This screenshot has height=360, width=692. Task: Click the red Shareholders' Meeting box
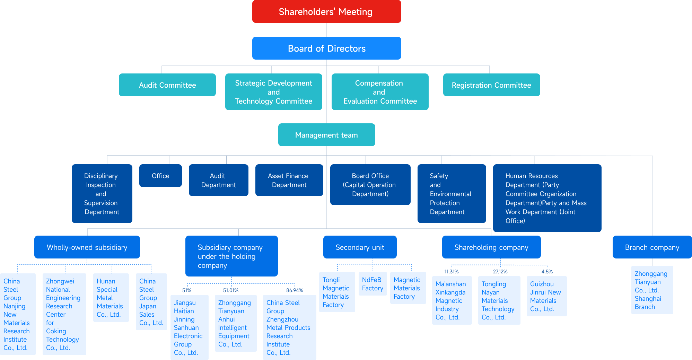coord(326,12)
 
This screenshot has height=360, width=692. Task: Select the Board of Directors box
coord(326,49)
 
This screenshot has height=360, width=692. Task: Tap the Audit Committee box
coord(167,85)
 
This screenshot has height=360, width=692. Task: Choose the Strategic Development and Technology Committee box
coord(273,92)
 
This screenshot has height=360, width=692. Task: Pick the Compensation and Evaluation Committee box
coord(380,92)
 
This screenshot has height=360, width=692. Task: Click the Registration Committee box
coord(491,85)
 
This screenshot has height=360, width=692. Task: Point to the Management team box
coord(326,135)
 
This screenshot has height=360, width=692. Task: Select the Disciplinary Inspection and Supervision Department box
coord(102,194)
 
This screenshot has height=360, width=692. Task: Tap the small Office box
coord(160,176)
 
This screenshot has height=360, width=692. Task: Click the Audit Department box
coord(218,181)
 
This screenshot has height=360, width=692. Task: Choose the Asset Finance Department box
coord(289,181)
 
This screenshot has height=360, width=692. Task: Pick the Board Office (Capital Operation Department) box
coord(370,185)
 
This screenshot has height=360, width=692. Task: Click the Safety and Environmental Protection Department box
coord(452,194)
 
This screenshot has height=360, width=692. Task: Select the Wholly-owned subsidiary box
coord(87,247)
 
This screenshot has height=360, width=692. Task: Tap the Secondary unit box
coord(360,247)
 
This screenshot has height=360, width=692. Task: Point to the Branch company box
coord(652,247)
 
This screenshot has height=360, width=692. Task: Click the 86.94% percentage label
coord(295,290)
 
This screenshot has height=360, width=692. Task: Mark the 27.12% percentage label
coord(500,272)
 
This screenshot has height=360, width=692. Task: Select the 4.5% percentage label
coord(547,272)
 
